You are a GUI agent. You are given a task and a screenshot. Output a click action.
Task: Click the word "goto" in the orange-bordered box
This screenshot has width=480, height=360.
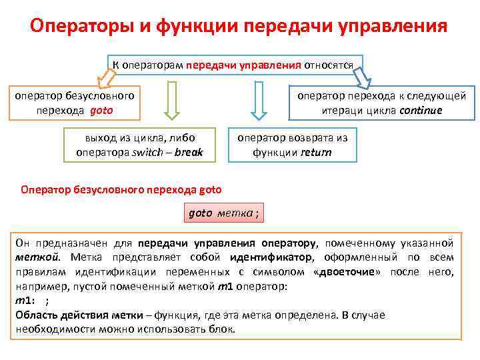pyautogui.click(x=101, y=110)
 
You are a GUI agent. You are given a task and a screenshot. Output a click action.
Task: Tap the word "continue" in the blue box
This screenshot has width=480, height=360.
pyautogui.click(x=419, y=110)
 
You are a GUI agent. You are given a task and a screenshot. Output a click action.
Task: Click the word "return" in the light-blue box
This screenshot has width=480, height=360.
pyautogui.click(x=316, y=152)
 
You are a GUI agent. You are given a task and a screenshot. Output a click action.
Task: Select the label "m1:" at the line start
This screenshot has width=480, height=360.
pyautogui.click(x=25, y=301)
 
